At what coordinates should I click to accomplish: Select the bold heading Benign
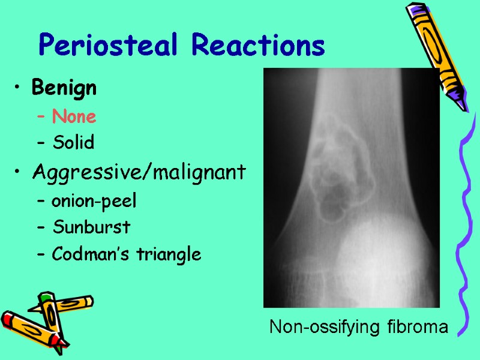click(x=64, y=88)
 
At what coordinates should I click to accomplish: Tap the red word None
click(x=74, y=116)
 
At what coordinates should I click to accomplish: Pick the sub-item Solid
click(x=73, y=143)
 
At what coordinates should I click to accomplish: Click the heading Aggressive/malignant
click(x=139, y=173)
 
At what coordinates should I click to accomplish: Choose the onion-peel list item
click(x=94, y=201)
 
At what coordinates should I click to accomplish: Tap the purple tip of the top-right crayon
click(x=460, y=102)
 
